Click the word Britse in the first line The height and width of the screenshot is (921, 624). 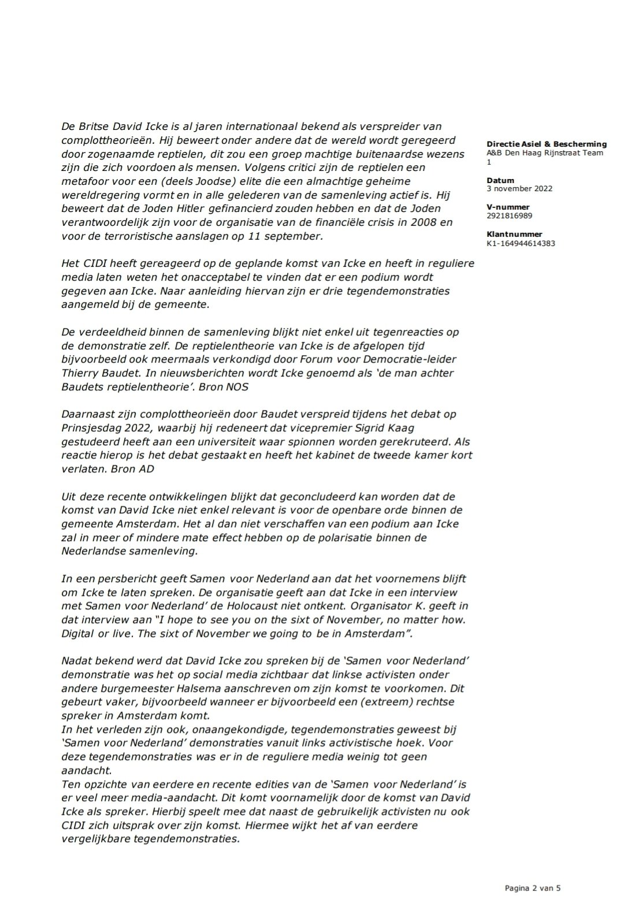pos(94,126)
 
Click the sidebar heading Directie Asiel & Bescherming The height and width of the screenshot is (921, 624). pos(547,144)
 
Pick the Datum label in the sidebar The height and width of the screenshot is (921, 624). pos(500,180)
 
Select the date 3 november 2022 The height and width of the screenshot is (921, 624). pos(519,188)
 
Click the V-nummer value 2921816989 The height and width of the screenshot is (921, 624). pos(510,215)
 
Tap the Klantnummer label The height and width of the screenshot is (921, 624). pos(514,234)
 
